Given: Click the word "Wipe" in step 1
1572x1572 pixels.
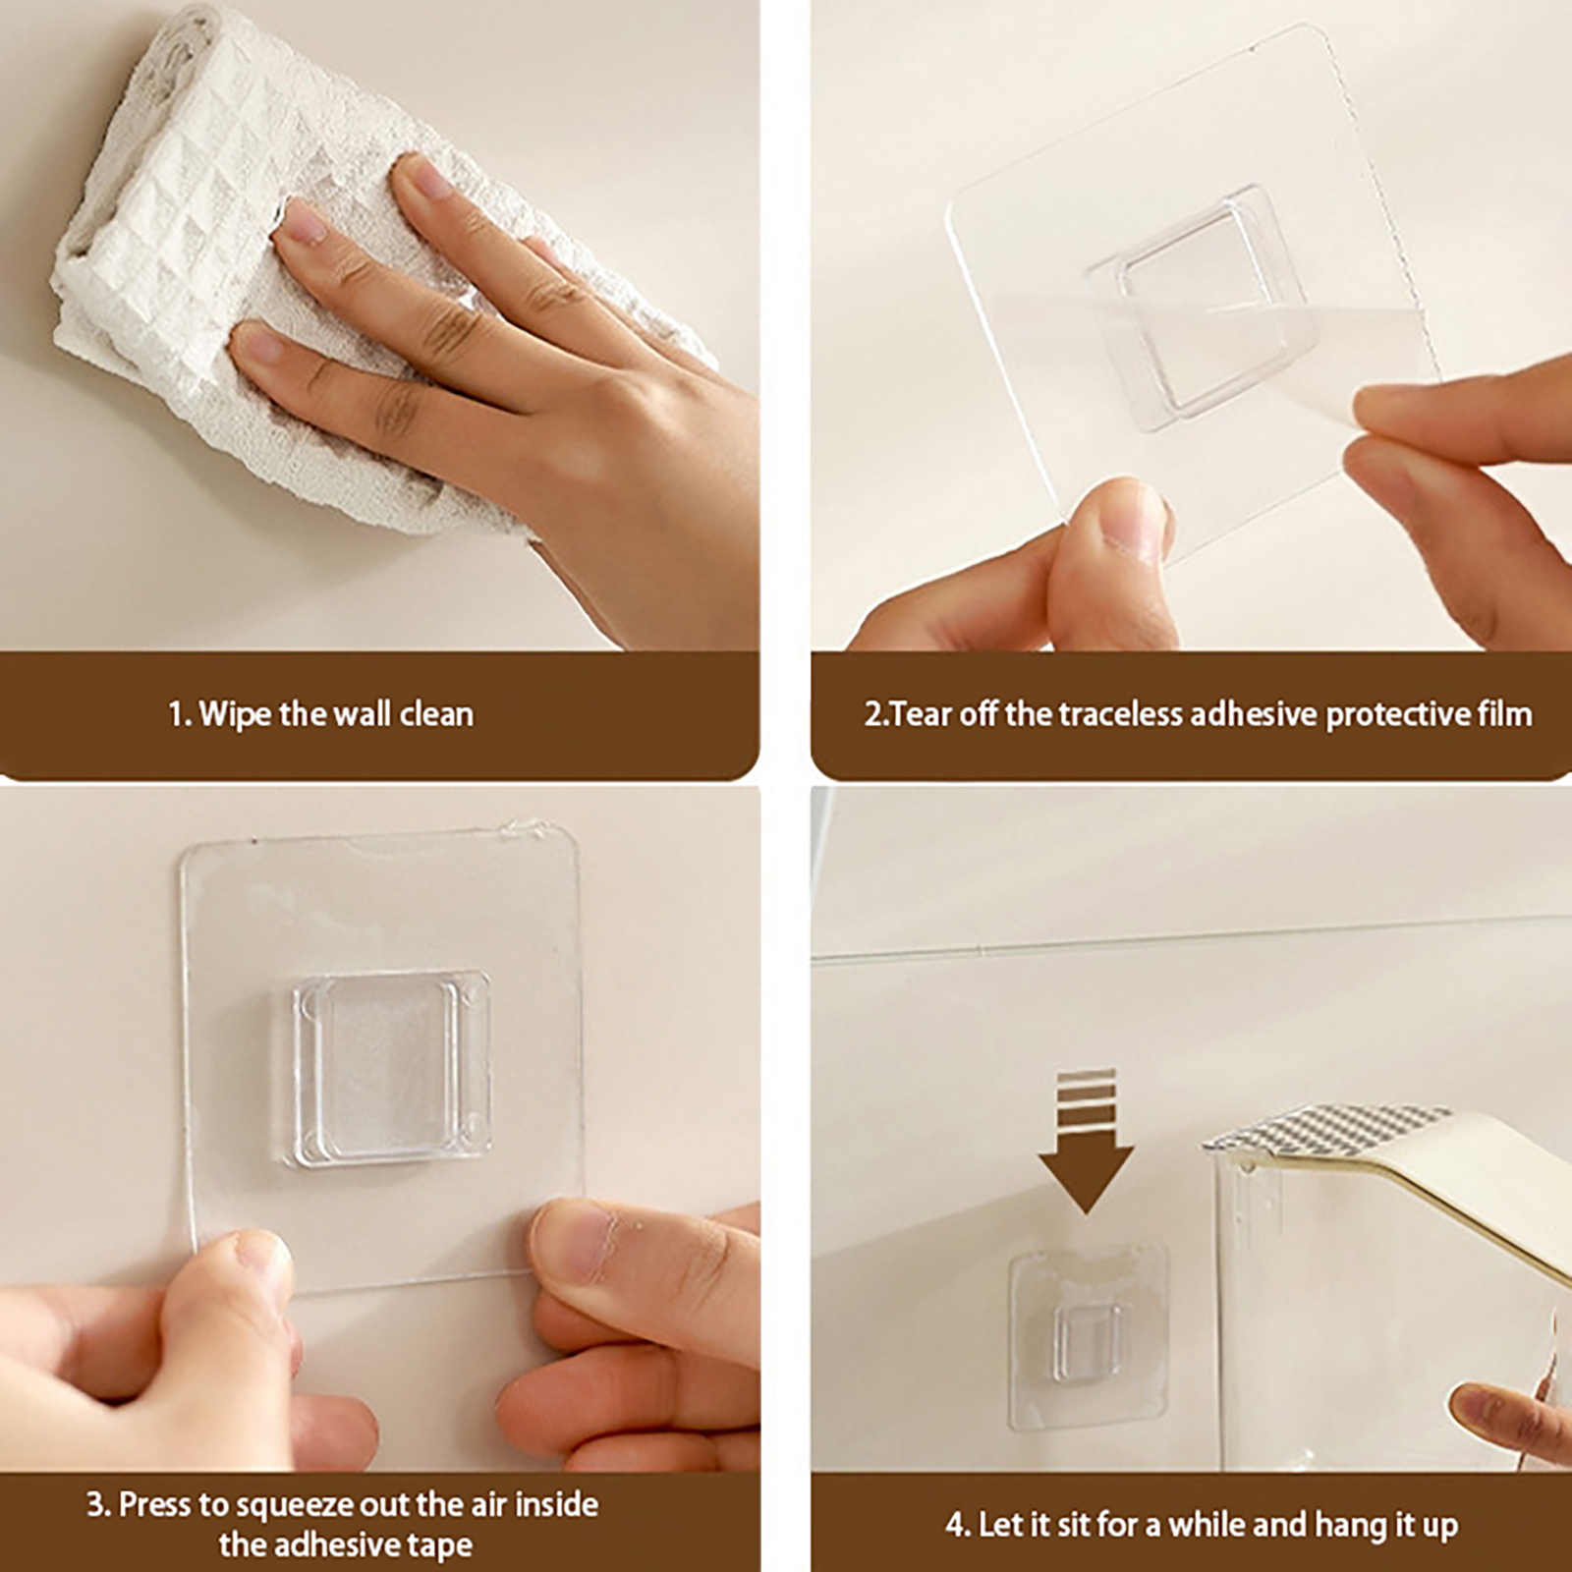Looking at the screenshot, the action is click(236, 713).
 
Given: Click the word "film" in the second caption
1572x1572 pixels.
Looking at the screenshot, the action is click(1505, 713).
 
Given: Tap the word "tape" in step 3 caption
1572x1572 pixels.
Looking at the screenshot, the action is click(440, 1545).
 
